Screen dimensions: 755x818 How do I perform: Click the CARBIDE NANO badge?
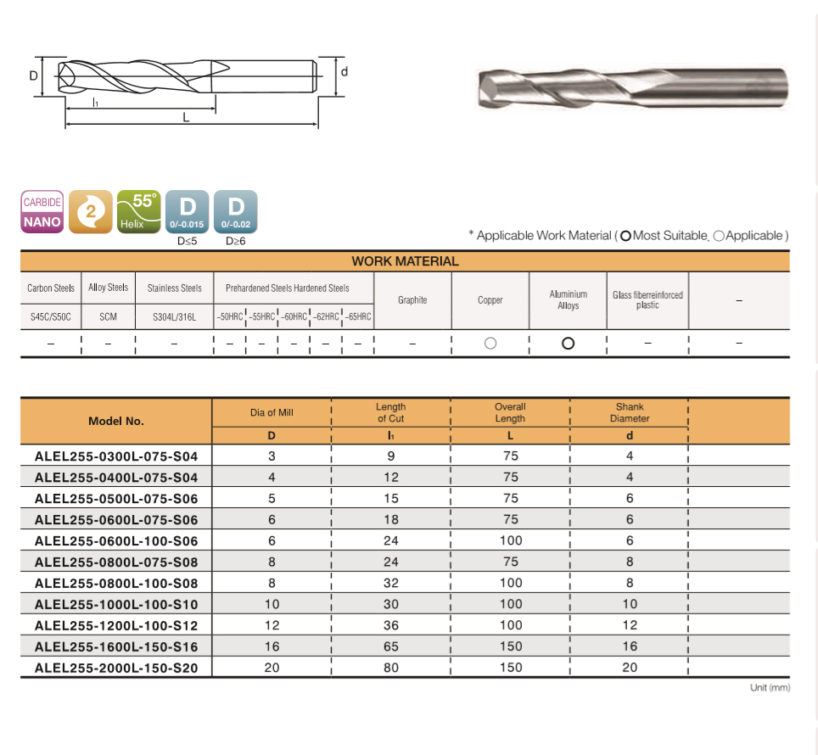(x=42, y=212)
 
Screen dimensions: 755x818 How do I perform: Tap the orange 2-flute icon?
(x=90, y=212)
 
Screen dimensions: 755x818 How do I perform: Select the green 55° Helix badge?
(x=139, y=212)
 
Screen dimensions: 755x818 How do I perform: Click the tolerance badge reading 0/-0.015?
(x=187, y=212)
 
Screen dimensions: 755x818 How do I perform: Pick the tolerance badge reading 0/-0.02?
(x=235, y=212)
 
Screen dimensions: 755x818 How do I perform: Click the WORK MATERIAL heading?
(x=405, y=261)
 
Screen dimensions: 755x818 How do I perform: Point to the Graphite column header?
(x=412, y=300)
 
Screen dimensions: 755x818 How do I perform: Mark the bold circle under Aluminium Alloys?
(x=569, y=343)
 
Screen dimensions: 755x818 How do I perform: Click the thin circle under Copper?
(x=490, y=343)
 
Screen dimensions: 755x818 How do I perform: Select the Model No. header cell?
(x=116, y=421)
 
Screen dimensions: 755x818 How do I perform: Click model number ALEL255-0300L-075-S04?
(x=116, y=456)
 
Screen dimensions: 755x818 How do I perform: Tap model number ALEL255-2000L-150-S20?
(x=116, y=668)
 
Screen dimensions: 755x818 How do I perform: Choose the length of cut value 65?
(x=390, y=646)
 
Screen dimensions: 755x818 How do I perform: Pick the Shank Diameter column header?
(x=630, y=412)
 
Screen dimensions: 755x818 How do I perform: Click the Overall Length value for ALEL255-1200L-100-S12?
(x=510, y=625)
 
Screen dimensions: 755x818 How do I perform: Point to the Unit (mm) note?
(x=770, y=687)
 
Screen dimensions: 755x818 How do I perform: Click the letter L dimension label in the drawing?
(x=186, y=117)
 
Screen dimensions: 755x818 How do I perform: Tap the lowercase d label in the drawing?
(x=344, y=72)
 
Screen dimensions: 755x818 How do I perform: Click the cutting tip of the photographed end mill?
(x=489, y=88)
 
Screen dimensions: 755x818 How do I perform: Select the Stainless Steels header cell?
(x=174, y=288)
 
